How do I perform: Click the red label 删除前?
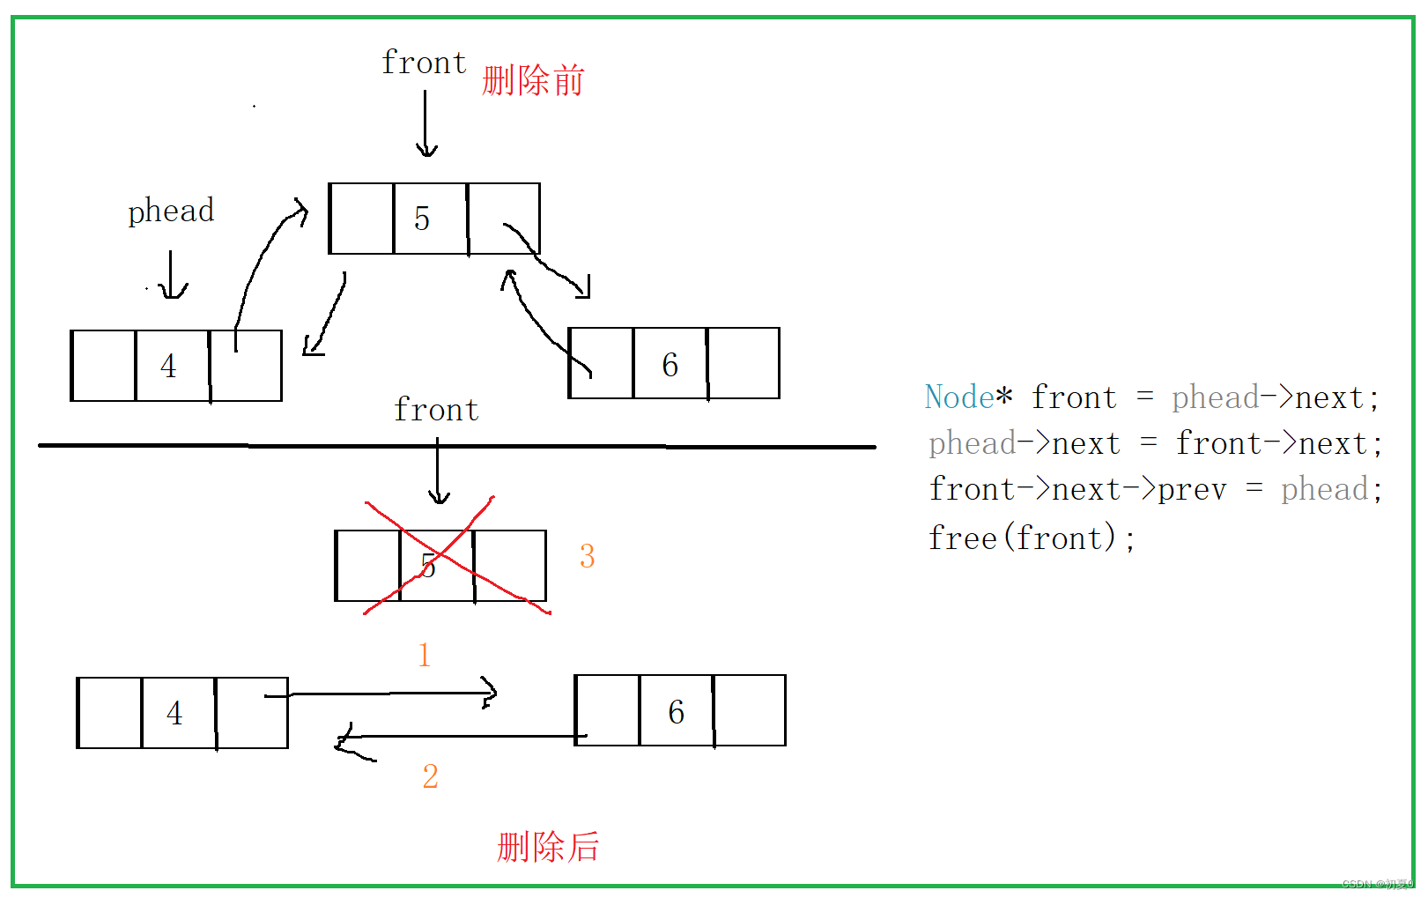(x=533, y=81)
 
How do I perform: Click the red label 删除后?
(x=548, y=847)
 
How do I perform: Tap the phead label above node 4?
(x=171, y=212)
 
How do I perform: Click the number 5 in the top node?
(x=422, y=219)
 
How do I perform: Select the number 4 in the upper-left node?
(x=168, y=366)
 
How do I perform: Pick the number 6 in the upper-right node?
(x=670, y=365)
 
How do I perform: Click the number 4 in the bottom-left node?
(x=174, y=713)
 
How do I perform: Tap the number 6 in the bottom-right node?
(x=677, y=712)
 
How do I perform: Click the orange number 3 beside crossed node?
(x=588, y=556)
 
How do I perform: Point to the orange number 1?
(x=425, y=655)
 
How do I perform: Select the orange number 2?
(x=430, y=776)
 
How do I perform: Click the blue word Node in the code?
(x=959, y=397)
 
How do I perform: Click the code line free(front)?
(x=1032, y=538)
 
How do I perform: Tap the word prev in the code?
(x=1192, y=490)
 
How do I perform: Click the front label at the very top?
(x=424, y=63)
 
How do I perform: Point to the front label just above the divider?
(x=436, y=411)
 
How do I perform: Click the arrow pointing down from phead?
(x=171, y=275)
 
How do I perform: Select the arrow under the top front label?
(x=425, y=124)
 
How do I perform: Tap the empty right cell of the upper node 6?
(x=744, y=363)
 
